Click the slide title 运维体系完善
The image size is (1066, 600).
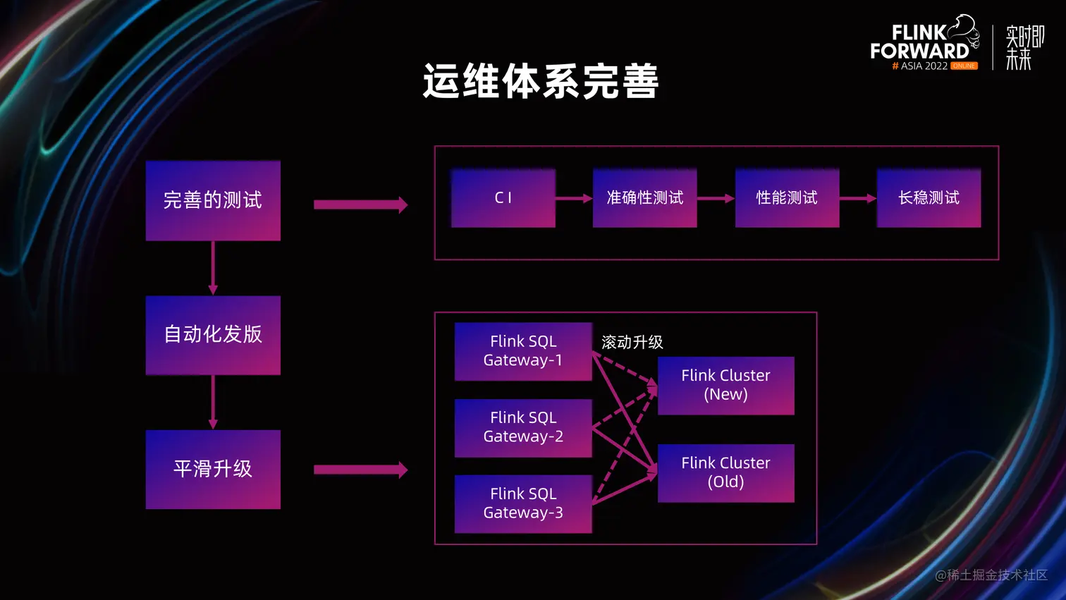pyautogui.click(x=541, y=81)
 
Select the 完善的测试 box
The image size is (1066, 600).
pyautogui.click(x=213, y=201)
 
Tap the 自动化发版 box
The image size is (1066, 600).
pyautogui.click(x=213, y=335)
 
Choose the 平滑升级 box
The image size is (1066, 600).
pyautogui.click(x=213, y=470)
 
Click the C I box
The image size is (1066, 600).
pyautogui.click(x=503, y=198)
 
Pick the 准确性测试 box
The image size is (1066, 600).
pyautogui.click(x=644, y=198)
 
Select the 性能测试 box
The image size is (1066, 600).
pyautogui.click(x=787, y=198)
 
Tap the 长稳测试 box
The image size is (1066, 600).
pyautogui.click(x=929, y=198)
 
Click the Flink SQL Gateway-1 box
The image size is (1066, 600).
pyautogui.click(x=523, y=351)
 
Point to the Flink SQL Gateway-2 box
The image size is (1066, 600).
pyautogui.click(x=523, y=427)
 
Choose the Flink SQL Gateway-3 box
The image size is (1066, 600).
pyautogui.click(x=523, y=503)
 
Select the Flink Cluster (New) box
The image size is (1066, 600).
pyautogui.click(x=725, y=385)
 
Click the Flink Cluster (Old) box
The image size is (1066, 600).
pyautogui.click(x=725, y=472)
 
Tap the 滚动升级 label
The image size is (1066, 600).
pyautogui.click(x=632, y=343)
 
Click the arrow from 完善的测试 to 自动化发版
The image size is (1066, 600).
pyautogui.click(x=213, y=268)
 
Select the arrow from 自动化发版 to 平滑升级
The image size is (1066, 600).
pyautogui.click(x=213, y=402)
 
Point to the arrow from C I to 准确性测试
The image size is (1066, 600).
pyautogui.click(x=574, y=199)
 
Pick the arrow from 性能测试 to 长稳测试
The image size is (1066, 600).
pyautogui.click(x=857, y=199)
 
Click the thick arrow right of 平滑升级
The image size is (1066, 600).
pyautogui.click(x=360, y=470)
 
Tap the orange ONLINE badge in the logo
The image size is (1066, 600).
pyautogui.click(x=964, y=66)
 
